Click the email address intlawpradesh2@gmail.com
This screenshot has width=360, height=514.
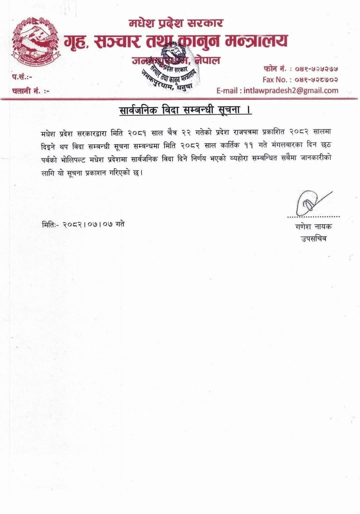(x=291, y=90)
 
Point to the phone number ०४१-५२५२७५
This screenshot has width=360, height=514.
(x=317, y=69)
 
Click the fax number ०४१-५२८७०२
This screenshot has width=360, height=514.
(x=317, y=80)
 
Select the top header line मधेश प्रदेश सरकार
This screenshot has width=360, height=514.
(x=176, y=23)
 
